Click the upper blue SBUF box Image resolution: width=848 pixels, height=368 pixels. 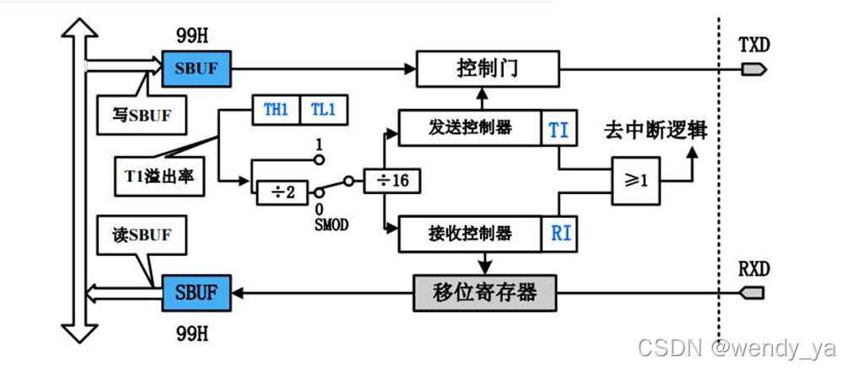(x=197, y=68)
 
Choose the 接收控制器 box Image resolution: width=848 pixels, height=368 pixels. (x=468, y=232)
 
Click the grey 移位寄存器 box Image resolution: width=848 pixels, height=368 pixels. (x=486, y=293)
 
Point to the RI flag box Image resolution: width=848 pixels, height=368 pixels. (x=559, y=232)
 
